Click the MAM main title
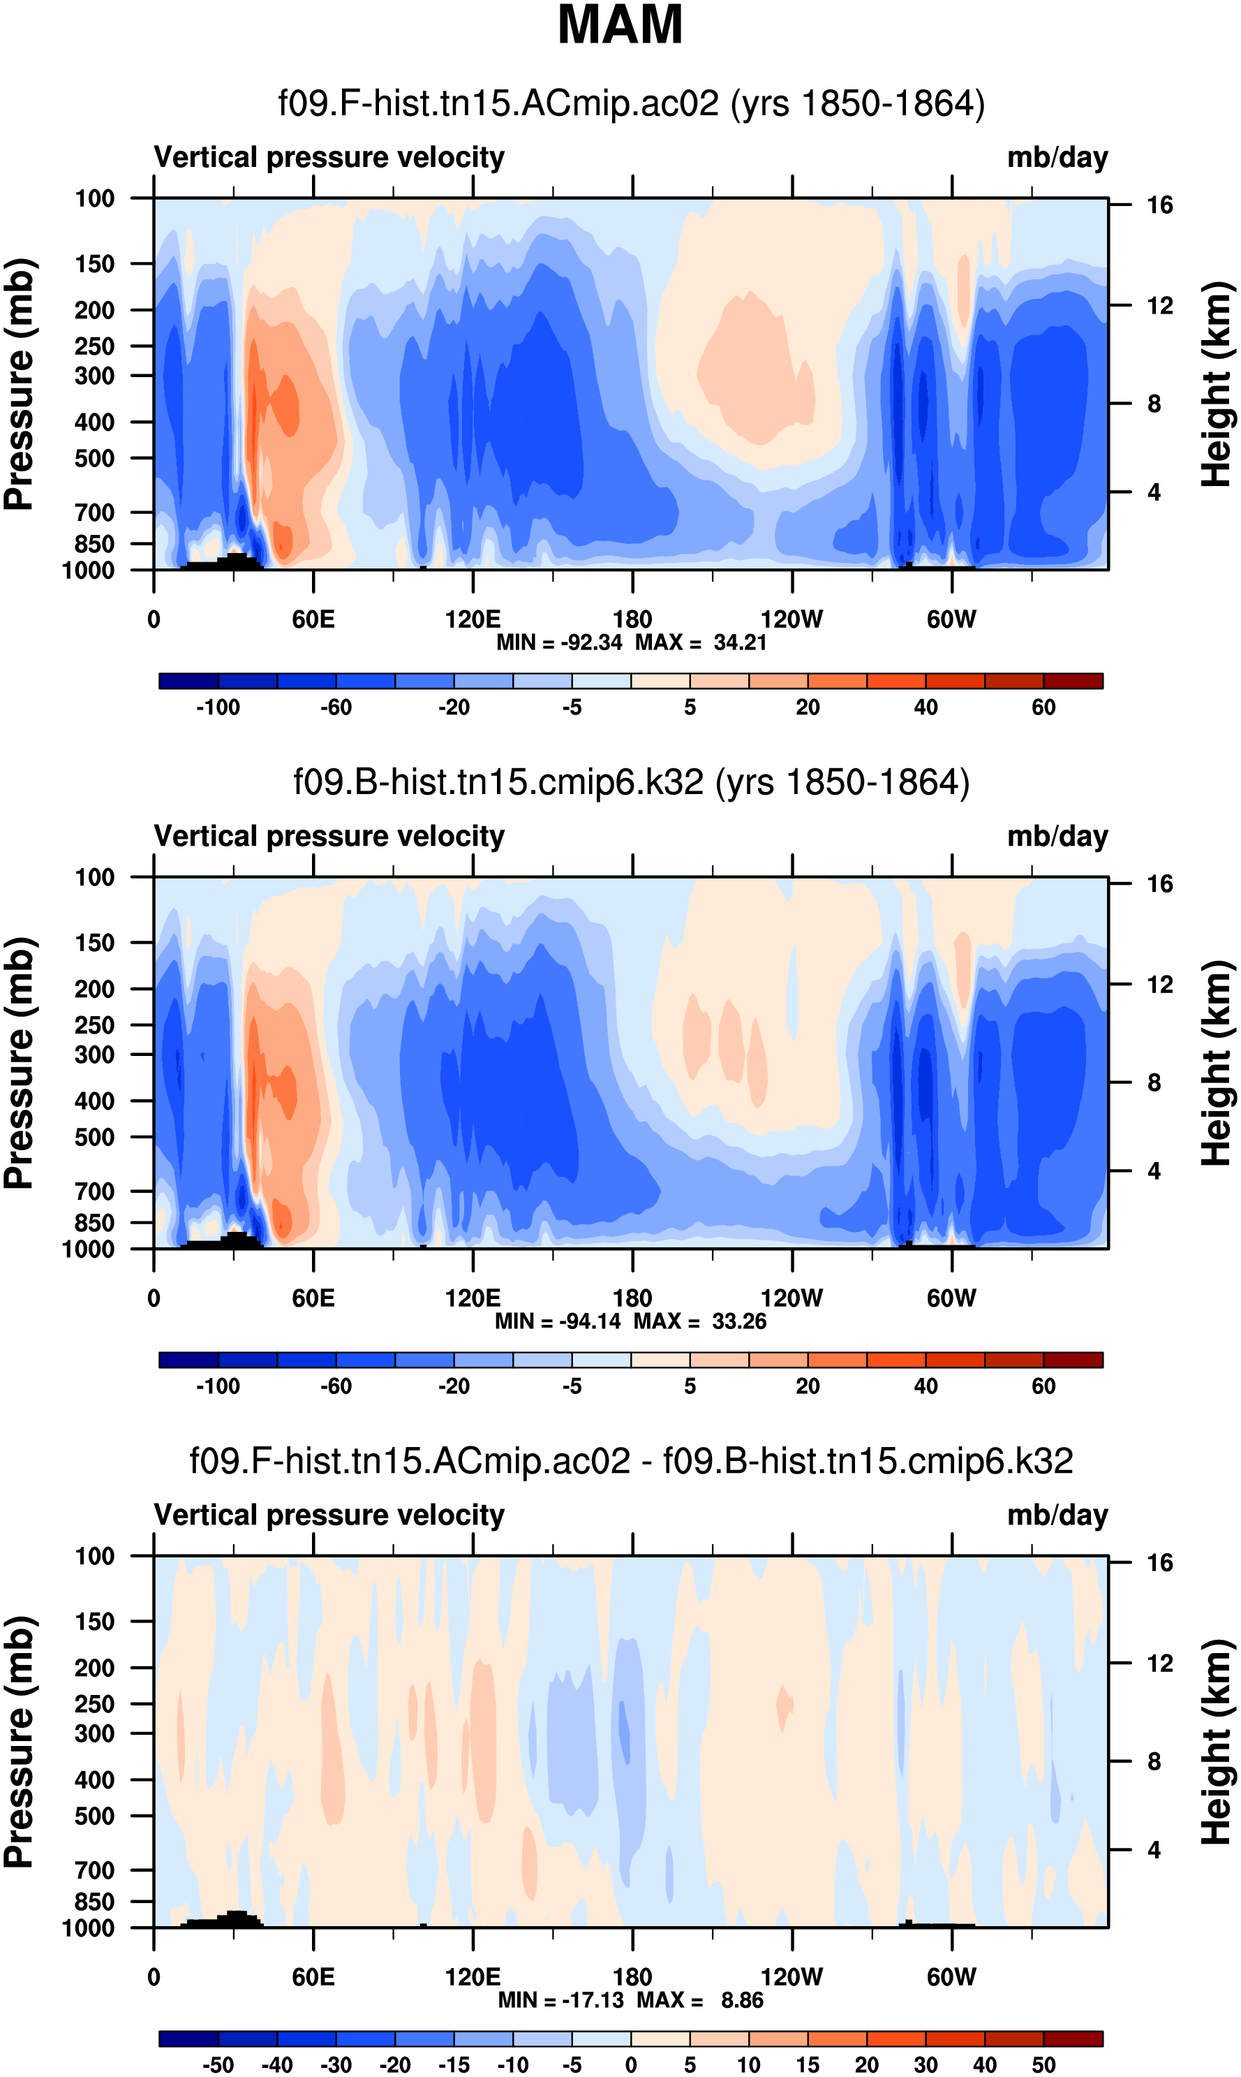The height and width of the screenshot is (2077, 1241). click(x=620, y=25)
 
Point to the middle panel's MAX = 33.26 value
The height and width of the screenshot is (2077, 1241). click(x=700, y=1321)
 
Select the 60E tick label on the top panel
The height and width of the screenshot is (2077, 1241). click(x=313, y=620)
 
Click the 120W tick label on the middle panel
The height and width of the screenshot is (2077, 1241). click(x=791, y=1298)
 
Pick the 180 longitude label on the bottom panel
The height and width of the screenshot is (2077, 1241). click(x=632, y=1976)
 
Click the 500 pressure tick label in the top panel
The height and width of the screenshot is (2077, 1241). click(x=94, y=458)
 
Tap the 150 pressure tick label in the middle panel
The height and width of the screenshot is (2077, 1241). click(x=94, y=943)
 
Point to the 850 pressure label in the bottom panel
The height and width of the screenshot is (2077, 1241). click(x=94, y=1901)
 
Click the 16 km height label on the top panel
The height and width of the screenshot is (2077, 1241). click(x=1159, y=205)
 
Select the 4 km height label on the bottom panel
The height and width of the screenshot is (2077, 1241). click(x=1154, y=1849)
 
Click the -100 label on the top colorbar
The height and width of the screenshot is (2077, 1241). click(x=218, y=707)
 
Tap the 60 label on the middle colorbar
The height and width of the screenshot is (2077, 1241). click(x=1043, y=1386)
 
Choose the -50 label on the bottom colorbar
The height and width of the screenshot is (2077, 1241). click(x=218, y=2064)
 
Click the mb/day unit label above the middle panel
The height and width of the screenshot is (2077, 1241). click(x=1057, y=837)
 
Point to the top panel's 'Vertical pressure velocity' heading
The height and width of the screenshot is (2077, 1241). click(x=329, y=157)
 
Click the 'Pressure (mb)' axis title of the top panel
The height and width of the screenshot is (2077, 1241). click(x=18, y=384)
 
